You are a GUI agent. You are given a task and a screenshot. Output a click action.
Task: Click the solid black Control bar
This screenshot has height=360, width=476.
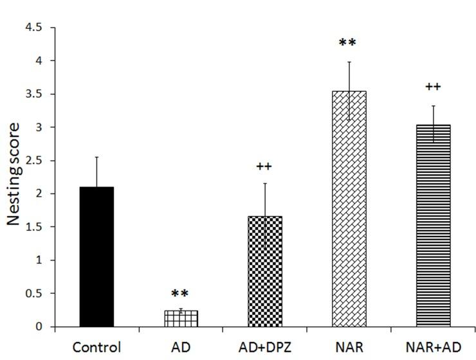click(x=96, y=256)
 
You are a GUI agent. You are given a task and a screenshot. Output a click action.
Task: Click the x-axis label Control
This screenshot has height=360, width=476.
click(x=96, y=347)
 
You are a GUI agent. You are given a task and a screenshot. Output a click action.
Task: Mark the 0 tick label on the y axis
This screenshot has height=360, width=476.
click(x=42, y=327)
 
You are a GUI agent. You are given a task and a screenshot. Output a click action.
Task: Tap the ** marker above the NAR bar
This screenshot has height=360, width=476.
click(x=348, y=44)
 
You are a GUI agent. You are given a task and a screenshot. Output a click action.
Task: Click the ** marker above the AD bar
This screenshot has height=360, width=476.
click(x=181, y=294)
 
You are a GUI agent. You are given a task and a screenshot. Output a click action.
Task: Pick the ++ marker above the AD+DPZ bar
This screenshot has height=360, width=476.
click(x=264, y=166)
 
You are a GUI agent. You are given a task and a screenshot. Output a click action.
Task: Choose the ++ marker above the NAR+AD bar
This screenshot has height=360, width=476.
click(x=432, y=87)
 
